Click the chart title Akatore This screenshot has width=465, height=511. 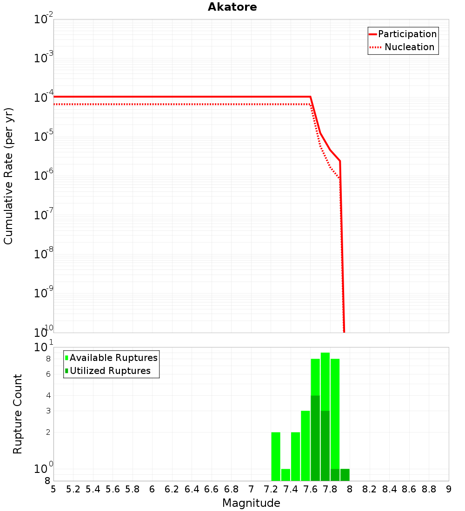[232, 7]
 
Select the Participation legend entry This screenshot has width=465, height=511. [407, 34]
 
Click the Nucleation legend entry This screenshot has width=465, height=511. [409, 47]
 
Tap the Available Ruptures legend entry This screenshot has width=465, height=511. [113, 358]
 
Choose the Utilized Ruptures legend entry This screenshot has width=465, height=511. [110, 371]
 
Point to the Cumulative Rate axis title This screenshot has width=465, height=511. [8, 176]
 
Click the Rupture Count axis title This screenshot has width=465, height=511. [18, 414]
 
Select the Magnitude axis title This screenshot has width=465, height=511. [251, 503]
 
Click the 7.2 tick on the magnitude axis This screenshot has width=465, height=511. [271, 489]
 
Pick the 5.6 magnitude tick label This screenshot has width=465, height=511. [113, 489]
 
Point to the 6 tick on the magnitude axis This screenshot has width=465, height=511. [152, 489]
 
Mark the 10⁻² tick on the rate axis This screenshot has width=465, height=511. [43, 19]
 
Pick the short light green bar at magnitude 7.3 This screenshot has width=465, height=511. [286, 475]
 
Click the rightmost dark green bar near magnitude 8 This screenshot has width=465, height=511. [345, 475]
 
